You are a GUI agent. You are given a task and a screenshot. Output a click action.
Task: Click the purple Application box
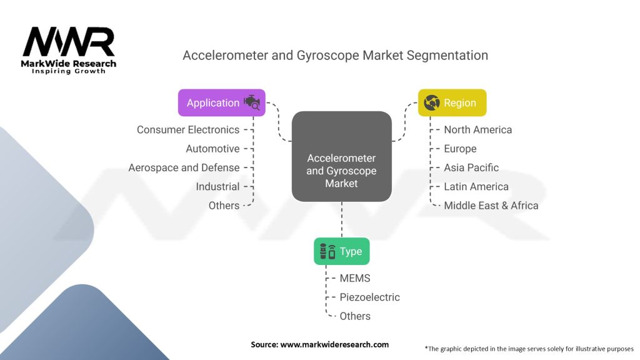point(221,102)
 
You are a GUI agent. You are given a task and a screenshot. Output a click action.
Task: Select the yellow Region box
point(452,102)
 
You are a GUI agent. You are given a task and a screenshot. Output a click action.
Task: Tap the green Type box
point(341,251)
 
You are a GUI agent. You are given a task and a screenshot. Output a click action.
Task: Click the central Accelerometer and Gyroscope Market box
point(341,156)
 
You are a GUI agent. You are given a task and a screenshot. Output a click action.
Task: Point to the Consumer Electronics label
point(188,130)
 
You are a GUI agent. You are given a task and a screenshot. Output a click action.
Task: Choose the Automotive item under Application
point(212,149)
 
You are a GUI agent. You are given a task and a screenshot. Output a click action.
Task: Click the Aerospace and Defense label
point(184,167)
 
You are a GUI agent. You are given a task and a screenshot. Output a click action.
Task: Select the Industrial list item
point(217,186)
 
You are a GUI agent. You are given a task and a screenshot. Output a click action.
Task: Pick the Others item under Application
point(224,206)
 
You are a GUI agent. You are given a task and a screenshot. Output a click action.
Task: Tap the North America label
point(477,130)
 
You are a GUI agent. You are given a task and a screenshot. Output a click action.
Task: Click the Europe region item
point(460,149)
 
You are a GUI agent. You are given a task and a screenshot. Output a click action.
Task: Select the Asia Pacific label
point(471,167)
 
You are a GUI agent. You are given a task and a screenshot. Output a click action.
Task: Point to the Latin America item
point(476,186)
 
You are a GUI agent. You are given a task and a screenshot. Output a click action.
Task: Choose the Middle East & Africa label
point(491,206)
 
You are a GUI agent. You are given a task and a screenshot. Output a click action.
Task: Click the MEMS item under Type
point(355,278)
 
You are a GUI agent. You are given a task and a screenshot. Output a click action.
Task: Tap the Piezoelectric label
point(369,297)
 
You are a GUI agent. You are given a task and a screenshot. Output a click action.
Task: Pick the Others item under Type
point(355,316)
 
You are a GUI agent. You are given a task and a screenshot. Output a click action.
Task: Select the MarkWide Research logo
point(69,50)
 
